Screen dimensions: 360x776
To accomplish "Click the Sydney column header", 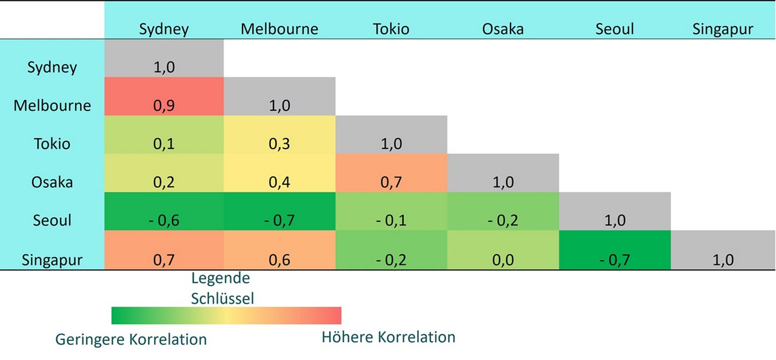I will (164, 28).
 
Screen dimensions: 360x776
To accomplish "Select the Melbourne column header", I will (279, 28).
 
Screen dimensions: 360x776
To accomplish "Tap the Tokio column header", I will (391, 28).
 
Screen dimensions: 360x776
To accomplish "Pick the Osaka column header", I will (503, 28).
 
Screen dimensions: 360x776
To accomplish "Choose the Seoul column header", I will (615, 28).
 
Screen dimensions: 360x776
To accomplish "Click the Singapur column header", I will (723, 28).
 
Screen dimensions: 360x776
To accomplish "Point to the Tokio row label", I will (52, 144).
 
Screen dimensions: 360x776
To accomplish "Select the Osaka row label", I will (52, 182).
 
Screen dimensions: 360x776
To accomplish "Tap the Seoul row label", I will (52, 220).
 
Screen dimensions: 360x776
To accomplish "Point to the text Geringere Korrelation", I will (131, 339).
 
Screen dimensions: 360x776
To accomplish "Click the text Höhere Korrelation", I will (388, 336).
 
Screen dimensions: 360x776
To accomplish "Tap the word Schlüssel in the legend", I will (222, 298).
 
